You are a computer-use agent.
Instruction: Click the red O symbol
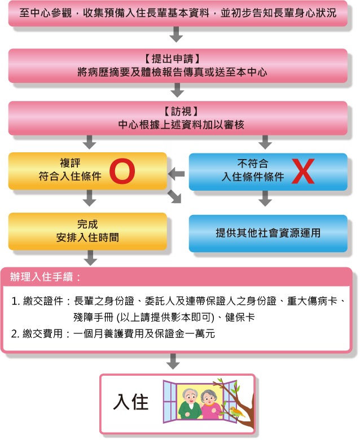[122, 171]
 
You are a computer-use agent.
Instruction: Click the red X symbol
[303, 171]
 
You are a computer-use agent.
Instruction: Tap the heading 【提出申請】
[173, 59]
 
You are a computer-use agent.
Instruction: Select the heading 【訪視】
[181, 111]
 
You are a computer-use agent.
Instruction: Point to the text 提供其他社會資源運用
[268, 233]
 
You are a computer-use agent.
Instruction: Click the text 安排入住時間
[87, 237]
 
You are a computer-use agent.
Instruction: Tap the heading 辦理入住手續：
[46, 277]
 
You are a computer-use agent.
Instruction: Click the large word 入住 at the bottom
[131, 402]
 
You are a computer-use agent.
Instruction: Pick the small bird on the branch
[236, 411]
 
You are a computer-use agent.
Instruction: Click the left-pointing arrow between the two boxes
[177, 174]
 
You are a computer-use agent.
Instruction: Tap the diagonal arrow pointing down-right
[174, 196]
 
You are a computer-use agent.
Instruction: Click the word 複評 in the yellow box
[70, 163]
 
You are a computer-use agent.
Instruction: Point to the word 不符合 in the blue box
[253, 164]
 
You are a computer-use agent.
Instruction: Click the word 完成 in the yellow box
[87, 224]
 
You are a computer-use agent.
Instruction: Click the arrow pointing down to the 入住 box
[173, 362]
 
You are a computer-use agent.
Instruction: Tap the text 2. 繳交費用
[37, 333]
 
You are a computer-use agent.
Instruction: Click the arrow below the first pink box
[176, 34]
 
